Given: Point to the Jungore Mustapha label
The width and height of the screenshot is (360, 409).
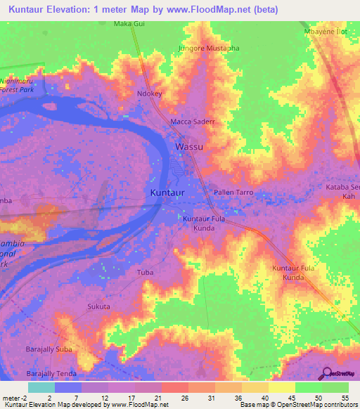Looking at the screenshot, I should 209,48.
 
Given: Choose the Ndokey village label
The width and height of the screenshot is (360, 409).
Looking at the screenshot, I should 150,93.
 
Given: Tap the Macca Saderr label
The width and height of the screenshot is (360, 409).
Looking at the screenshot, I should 192,122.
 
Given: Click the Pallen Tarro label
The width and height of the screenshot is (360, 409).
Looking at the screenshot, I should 232,192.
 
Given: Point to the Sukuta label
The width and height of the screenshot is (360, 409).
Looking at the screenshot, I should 98,307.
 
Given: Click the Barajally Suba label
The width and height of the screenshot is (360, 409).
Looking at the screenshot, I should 49,349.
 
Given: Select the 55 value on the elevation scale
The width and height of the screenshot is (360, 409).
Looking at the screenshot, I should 344,398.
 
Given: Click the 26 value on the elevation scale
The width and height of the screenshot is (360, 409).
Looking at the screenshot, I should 184,398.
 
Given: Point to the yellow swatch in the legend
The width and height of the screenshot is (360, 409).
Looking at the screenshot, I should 281,387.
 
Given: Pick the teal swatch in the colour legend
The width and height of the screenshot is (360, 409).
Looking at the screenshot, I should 41,387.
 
